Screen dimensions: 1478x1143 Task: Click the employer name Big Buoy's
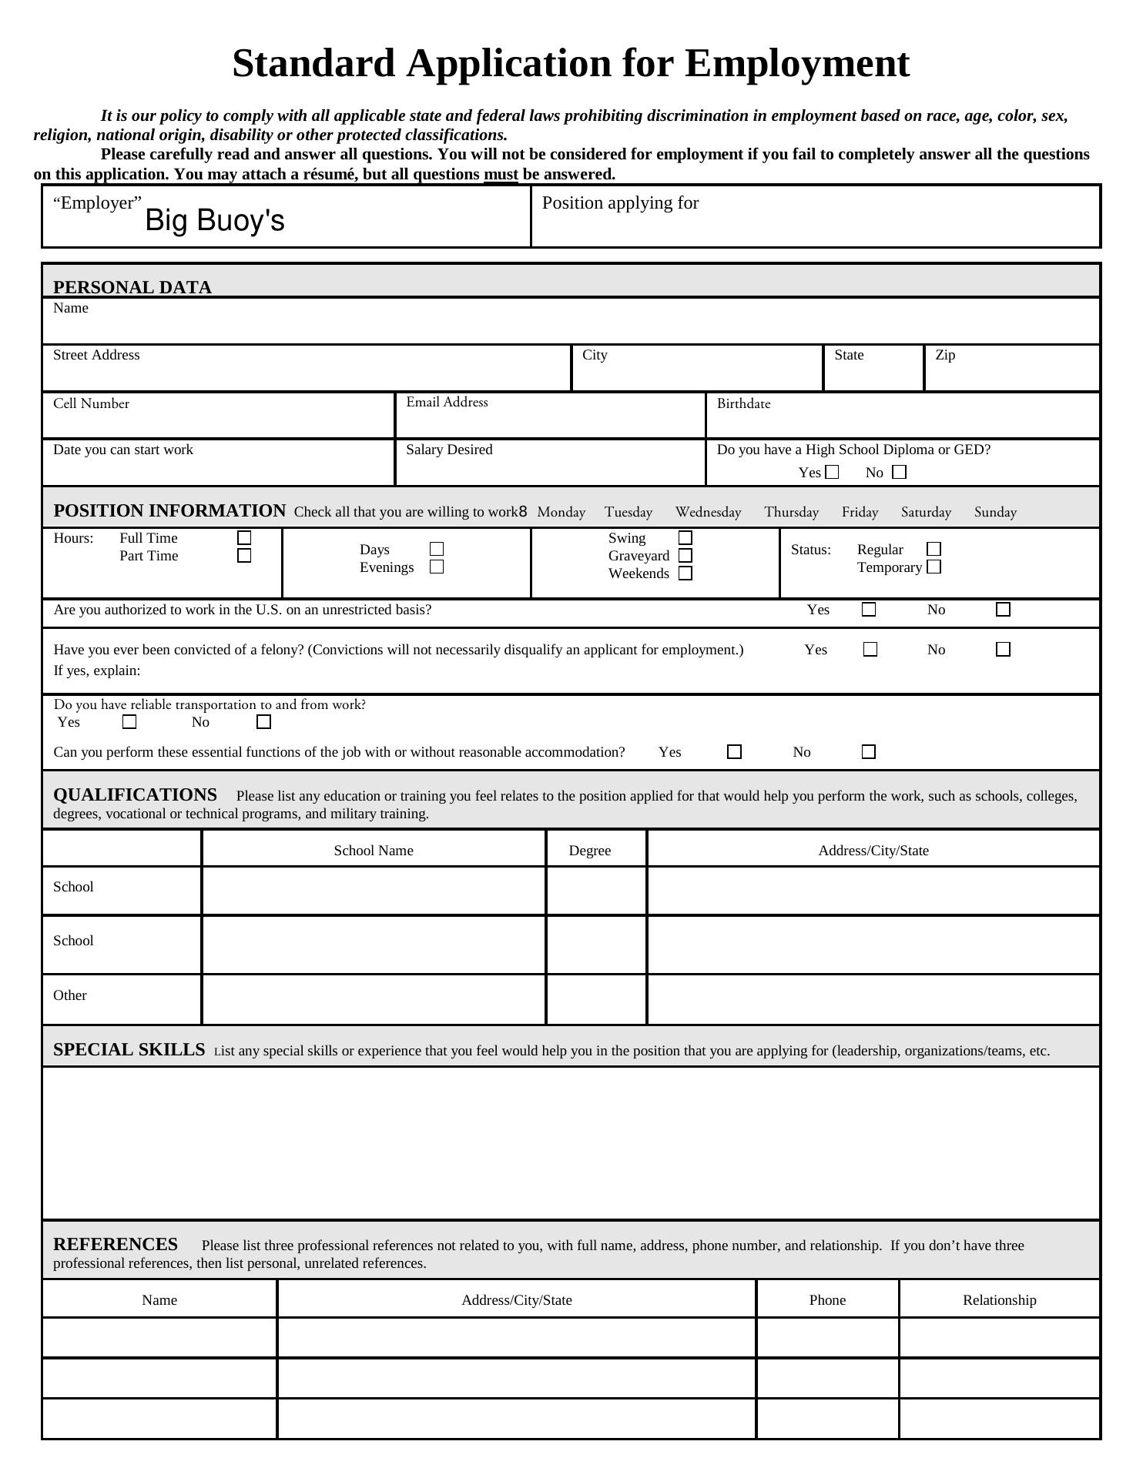pyautogui.click(x=214, y=221)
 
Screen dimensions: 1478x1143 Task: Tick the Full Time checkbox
pyautogui.click(x=244, y=537)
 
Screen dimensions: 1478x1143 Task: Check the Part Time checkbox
pyautogui.click(x=244, y=555)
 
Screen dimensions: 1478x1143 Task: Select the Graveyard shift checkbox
pyautogui.click(x=685, y=555)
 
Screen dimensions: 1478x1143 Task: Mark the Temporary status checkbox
pyautogui.click(x=934, y=567)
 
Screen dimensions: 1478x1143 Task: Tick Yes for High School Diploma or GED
pyautogui.click(x=832, y=472)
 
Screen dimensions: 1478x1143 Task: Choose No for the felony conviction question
pyautogui.click(x=1003, y=649)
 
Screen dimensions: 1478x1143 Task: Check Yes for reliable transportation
pyautogui.click(x=129, y=721)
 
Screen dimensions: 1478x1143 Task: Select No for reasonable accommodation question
pyautogui.click(x=869, y=751)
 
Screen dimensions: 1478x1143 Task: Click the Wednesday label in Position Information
pyautogui.click(x=708, y=512)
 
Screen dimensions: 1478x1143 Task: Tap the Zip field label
pyautogui.click(x=945, y=355)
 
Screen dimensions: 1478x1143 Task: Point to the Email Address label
pyautogui.click(x=447, y=402)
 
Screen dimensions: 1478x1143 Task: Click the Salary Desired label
pyautogui.click(x=449, y=450)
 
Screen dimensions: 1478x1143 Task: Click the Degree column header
pyautogui.click(x=589, y=851)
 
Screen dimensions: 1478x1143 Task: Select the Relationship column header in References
pyautogui.click(x=999, y=1300)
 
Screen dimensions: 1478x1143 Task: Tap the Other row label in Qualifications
pyautogui.click(x=70, y=995)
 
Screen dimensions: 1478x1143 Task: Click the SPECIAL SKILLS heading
pyautogui.click(x=129, y=1050)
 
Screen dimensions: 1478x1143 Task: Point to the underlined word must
pyautogui.click(x=501, y=174)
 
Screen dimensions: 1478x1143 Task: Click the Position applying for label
pyautogui.click(x=620, y=203)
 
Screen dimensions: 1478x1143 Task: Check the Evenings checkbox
pyautogui.click(x=437, y=567)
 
